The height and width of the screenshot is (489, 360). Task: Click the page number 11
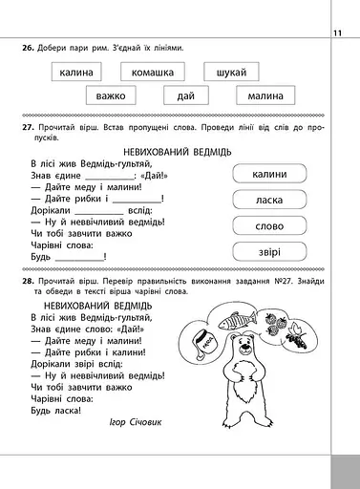(338, 35)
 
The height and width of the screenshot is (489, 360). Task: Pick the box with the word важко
(116, 96)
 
